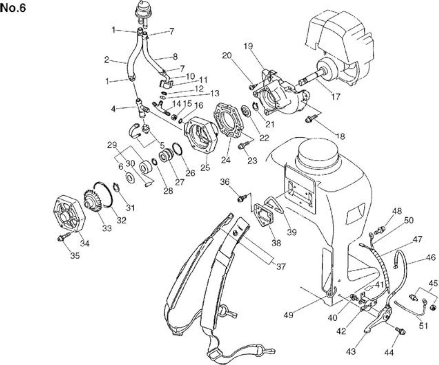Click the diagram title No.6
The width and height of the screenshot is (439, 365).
[x=13, y=8]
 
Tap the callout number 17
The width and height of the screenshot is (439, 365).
[x=335, y=97]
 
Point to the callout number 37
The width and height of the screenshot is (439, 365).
[x=281, y=267]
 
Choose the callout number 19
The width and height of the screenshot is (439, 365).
[x=248, y=46]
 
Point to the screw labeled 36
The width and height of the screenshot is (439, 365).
[x=242, y=198]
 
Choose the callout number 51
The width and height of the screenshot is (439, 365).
[x=423, y=326]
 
